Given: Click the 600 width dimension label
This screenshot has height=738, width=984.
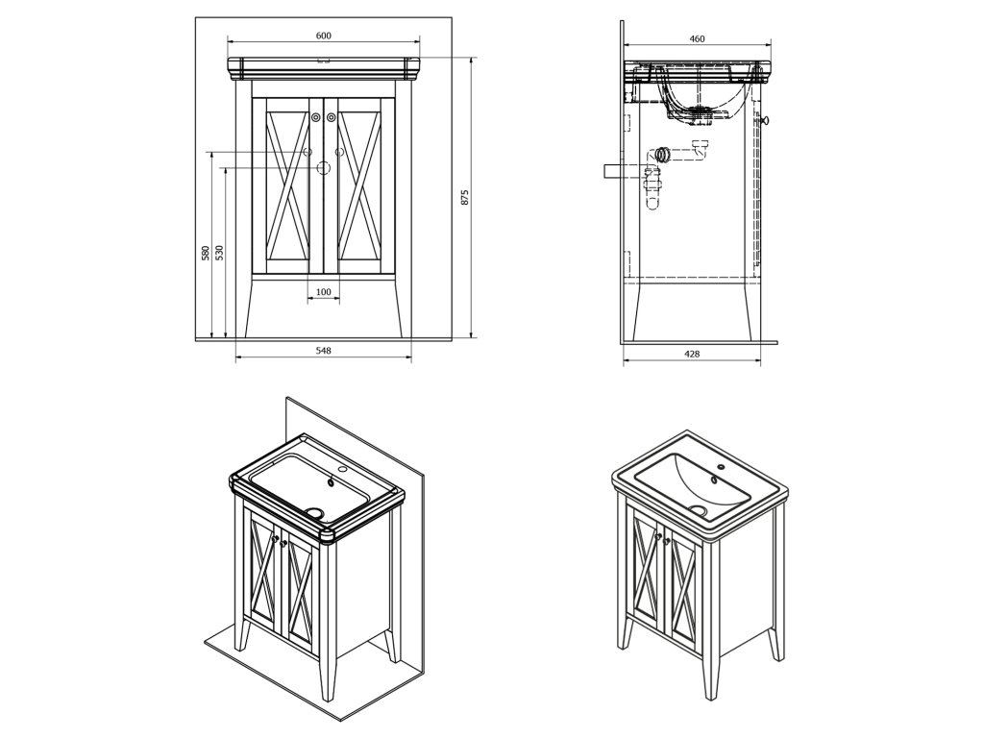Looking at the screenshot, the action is (323, 36).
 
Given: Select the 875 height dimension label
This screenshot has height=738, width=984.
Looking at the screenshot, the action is (464, 198).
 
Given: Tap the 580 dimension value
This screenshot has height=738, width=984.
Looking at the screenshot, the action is (205, 254).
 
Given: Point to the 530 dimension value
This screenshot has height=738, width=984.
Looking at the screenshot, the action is (219, 253).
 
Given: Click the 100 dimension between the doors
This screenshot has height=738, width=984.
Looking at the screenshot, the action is (323, 292).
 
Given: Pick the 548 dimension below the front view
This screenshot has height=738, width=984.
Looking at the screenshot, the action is (323, 351).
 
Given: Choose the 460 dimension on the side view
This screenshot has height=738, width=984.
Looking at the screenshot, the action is (698, 39).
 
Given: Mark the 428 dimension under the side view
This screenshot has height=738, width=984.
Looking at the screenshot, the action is (692, 354).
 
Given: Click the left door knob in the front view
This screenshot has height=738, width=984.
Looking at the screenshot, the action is (316, 117).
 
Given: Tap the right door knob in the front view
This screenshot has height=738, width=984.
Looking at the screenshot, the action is (332, 117).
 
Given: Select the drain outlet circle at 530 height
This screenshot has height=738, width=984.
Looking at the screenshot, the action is (324, 168).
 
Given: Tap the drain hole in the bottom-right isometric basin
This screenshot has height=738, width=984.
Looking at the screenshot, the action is (699, 511).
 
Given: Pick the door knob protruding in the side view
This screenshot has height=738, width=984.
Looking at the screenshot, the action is (766, 120).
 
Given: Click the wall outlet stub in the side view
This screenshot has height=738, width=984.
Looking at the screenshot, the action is (616, 170).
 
